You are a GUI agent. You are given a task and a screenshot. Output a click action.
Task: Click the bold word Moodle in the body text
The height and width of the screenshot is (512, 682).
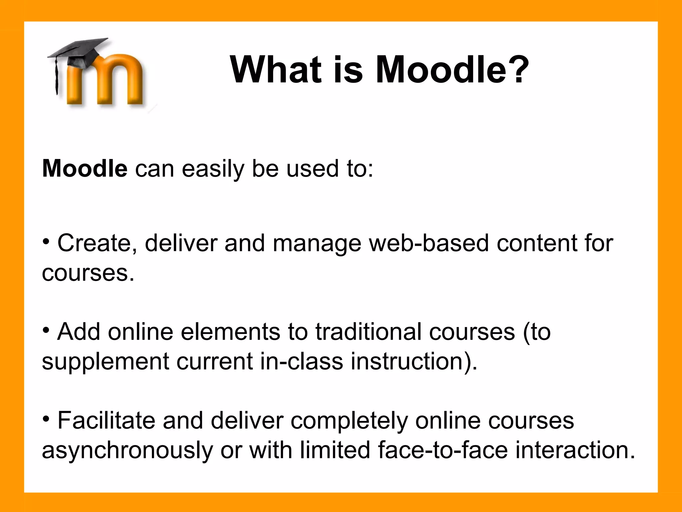coord(85,169)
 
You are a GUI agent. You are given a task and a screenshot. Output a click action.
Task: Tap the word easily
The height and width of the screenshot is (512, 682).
coord(213,169)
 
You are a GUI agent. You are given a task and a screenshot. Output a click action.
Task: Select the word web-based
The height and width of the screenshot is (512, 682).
coord(429,243)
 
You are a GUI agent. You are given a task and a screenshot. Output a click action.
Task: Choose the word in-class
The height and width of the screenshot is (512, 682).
coord(301,361)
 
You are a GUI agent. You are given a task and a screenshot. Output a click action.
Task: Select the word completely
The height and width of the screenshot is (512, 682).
coord(349,421)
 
